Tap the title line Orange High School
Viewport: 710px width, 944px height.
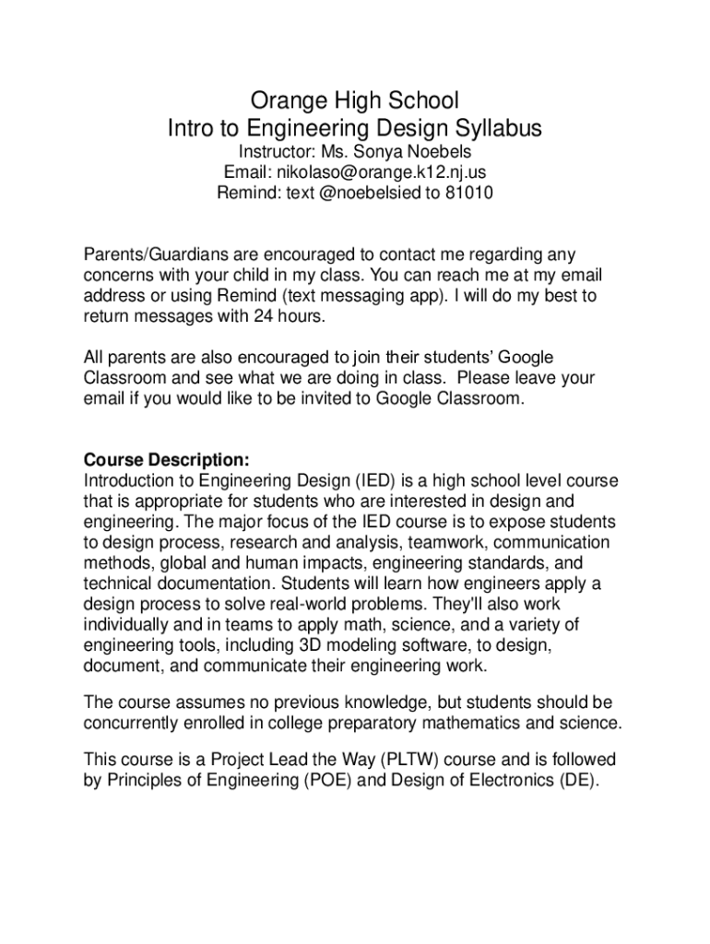pyautogui.click(x=355, y=99)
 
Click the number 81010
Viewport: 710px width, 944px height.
pyautogui.click(x=467, y=194)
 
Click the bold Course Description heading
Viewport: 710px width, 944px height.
pyautogui.click(x=166, y=460)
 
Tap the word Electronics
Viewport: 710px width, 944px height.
pyautogui.click(x=503, y=782)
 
